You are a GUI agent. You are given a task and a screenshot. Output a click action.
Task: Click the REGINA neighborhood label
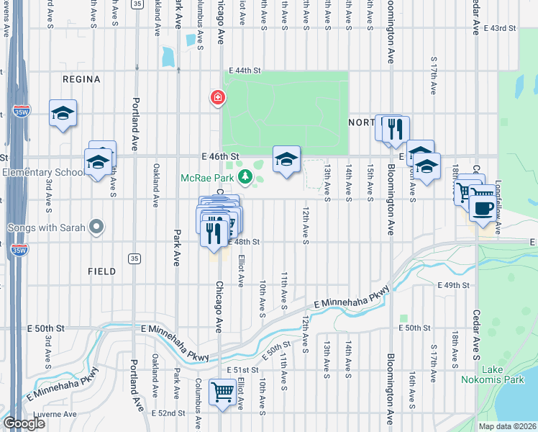pos(81,79)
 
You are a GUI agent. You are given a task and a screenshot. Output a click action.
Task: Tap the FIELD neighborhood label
pos(101,271)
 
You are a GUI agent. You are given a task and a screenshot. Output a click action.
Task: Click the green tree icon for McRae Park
pos(245,176)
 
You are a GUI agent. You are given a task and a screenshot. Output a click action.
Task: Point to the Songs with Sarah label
pos(46,228)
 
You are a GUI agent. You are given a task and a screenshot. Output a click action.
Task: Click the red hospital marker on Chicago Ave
pos(216,97)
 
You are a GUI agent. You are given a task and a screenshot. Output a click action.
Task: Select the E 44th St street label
pos(244,70)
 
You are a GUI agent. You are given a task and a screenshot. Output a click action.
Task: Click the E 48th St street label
pos(244,242)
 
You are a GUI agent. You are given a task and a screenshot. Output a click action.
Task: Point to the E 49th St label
pos(454,286)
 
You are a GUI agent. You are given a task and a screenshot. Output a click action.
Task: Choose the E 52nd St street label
pos(171,414)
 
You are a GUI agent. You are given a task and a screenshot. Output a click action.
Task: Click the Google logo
pos(24,423)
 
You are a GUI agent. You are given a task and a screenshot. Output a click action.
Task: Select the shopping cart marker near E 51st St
pos(223,392)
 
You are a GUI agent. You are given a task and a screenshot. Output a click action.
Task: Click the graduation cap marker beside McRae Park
pos(286,160)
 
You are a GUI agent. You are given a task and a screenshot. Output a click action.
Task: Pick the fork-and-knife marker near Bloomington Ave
pos(395,130)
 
